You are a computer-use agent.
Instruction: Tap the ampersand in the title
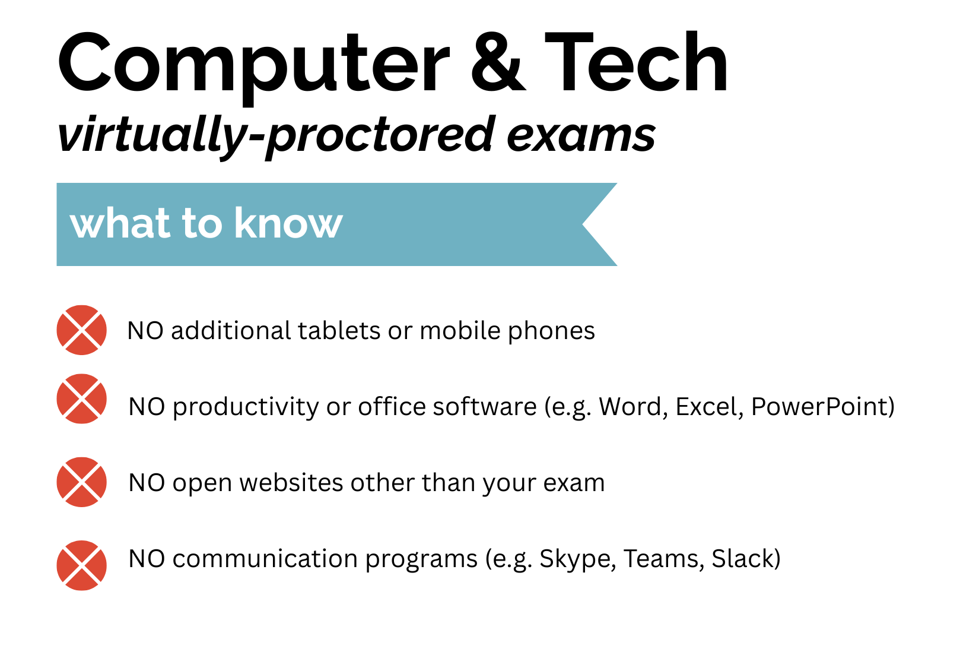coord(497,64)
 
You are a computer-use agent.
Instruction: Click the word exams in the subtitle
coord(581,135)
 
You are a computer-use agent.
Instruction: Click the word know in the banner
coord(288,224)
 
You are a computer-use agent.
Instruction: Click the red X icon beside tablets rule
coord(82,330)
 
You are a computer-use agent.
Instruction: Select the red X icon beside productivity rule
coord(82,398)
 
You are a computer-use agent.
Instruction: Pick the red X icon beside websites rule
coord(82,482)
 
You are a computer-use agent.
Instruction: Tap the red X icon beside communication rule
coord(82,565)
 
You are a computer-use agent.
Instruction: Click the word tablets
coord(339,331)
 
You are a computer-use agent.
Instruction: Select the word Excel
coord(709,407)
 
